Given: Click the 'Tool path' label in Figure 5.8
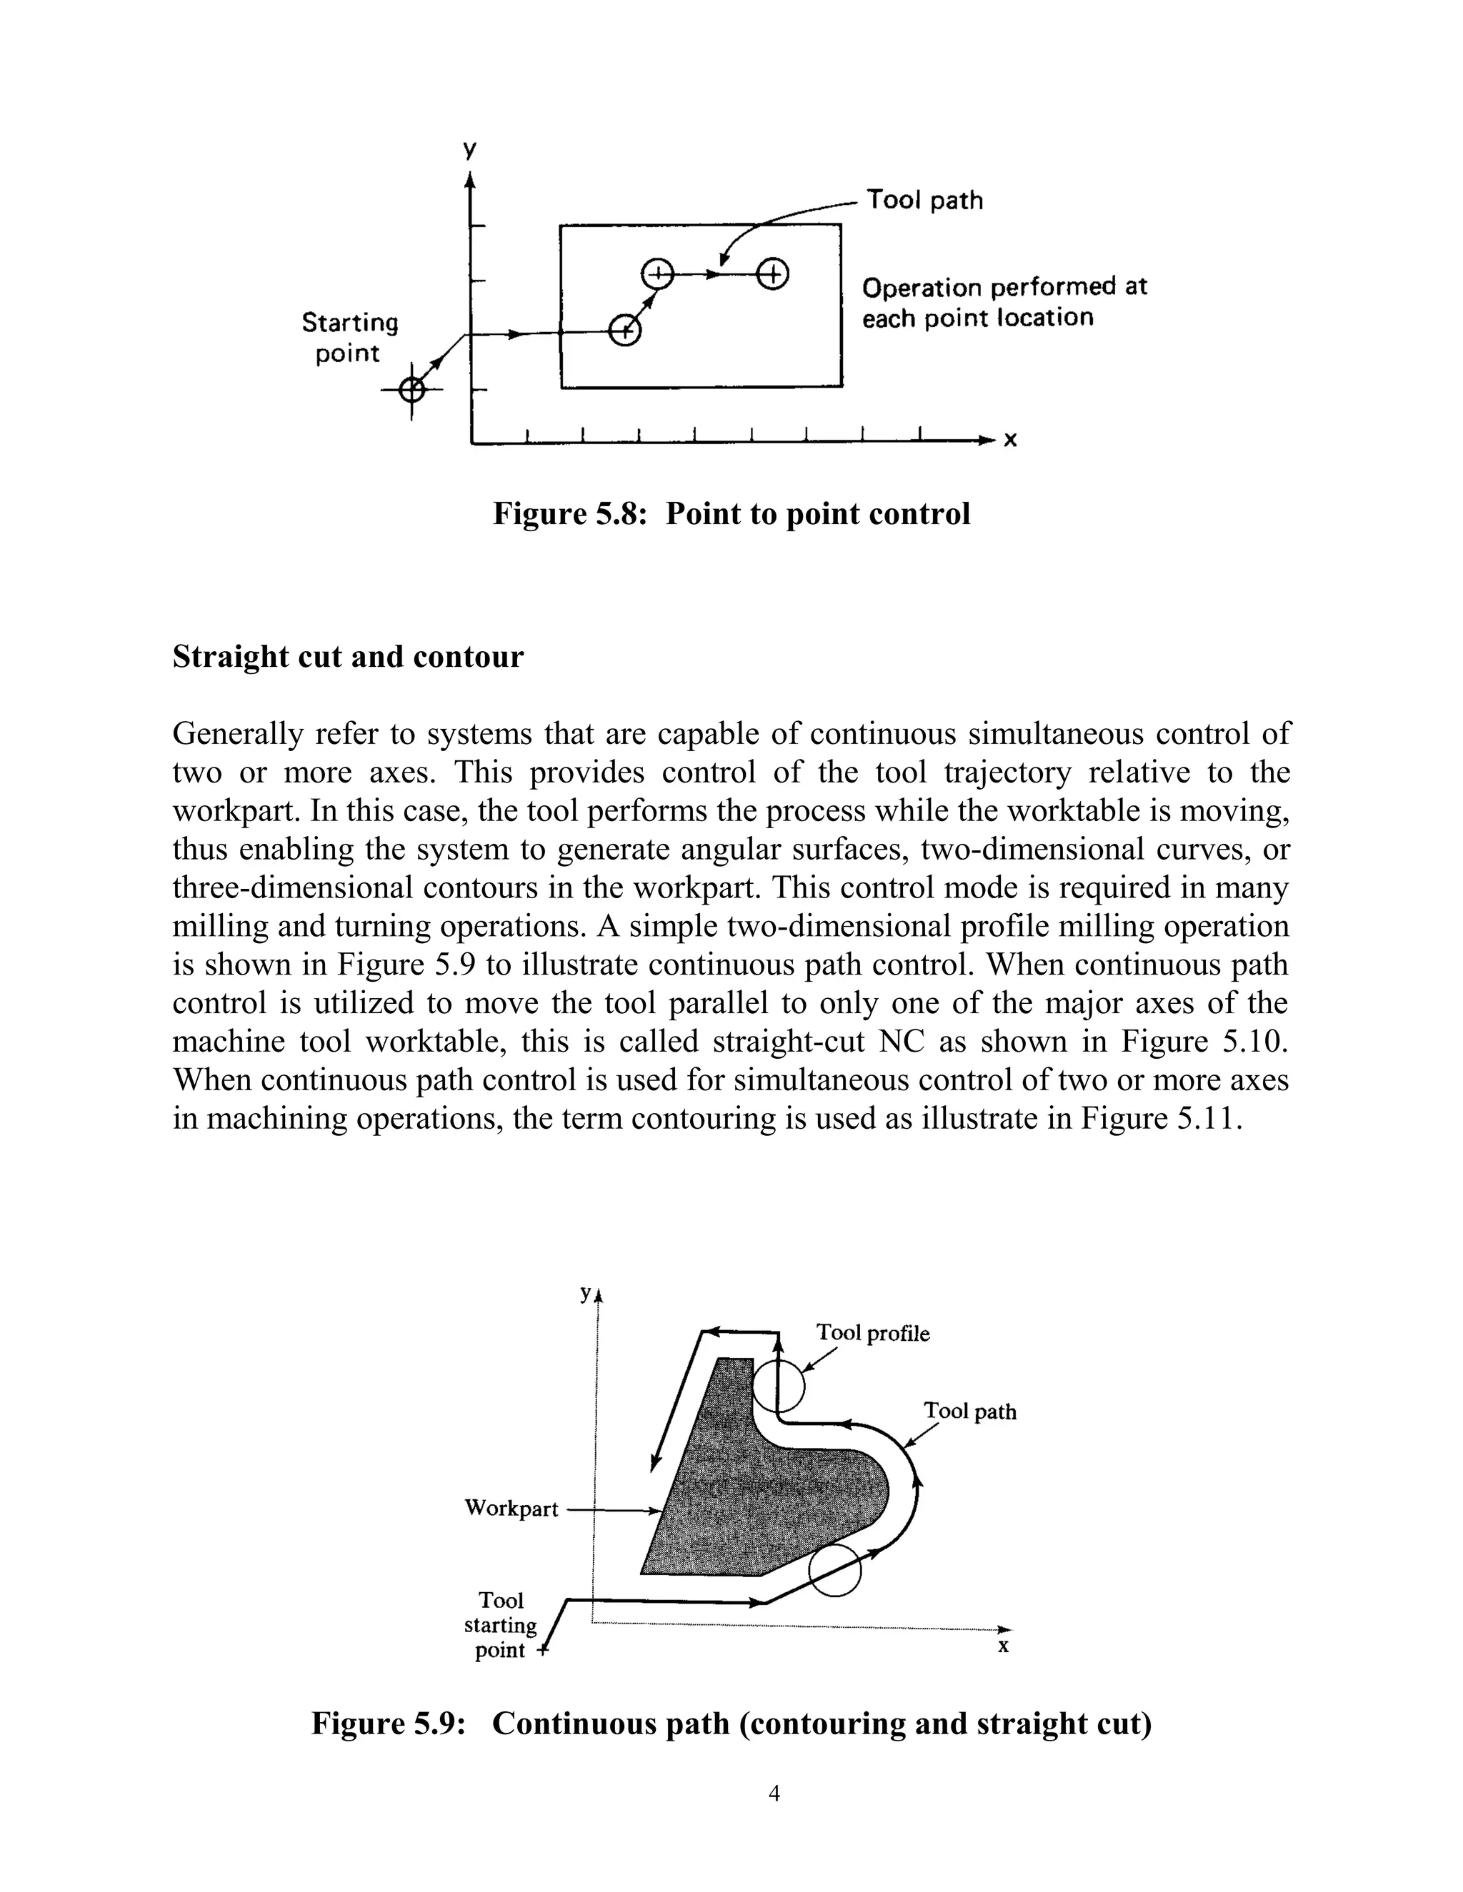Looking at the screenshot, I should coord(925,200).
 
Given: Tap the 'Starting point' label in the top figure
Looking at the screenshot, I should coord(349,338).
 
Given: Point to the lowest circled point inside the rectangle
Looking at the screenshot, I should coord(625,330).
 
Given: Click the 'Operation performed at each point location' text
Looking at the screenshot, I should coord(1004,302).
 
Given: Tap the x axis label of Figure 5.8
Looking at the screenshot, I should coord(1009,441).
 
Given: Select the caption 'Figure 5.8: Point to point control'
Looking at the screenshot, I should coord(731,514).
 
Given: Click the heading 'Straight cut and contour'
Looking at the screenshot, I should coord(348,657).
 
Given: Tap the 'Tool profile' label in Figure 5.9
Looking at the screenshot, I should coord(873,1333).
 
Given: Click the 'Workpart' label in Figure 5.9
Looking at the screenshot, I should coord(511,1508).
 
